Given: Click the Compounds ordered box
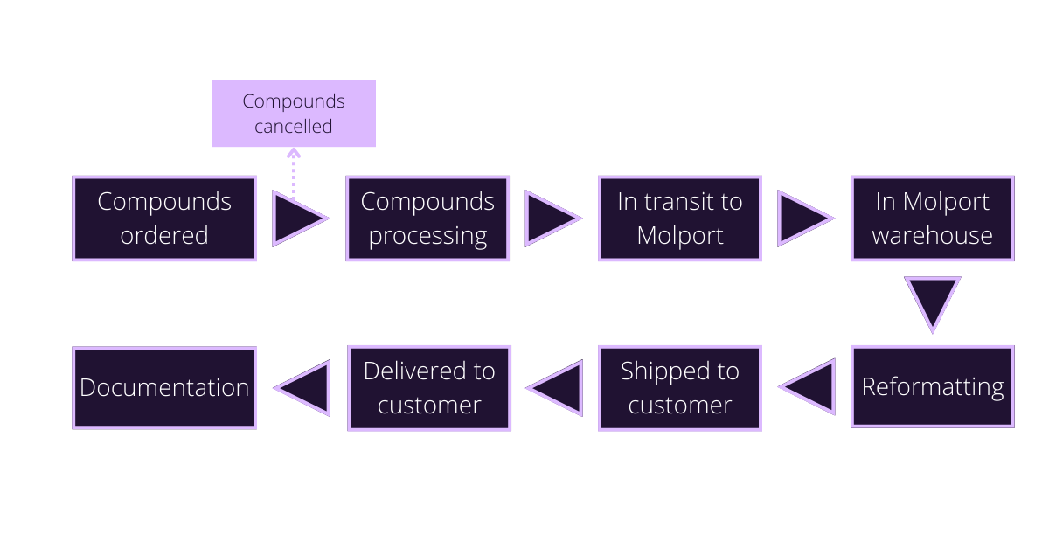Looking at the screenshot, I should coord(163,219).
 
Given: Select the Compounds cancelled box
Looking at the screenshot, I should coord(294,114).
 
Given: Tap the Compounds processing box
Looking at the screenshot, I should coord(427,219).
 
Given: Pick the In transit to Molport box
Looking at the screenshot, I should coord(679,219).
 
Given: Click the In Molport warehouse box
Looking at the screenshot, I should coord(932,219).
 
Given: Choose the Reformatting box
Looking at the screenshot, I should coord(932,387).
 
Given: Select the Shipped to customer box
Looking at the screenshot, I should coord(679,387).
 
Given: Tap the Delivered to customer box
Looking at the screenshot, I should coord(428,387).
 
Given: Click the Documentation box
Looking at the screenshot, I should coord(163,387).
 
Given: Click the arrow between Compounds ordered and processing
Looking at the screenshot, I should coord(295,219).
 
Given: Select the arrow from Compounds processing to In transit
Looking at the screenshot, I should coord(549,219).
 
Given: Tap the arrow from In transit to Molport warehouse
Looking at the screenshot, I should coord(802,219).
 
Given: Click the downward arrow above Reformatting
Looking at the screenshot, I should coord(932,302).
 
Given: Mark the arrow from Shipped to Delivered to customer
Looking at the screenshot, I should coord(558,387).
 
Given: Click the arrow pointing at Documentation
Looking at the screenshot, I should coord(306,387).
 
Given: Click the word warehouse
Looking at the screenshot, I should coord(932,235).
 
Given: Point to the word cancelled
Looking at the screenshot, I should coord(294,127).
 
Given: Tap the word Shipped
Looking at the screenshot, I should coord(655,371).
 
